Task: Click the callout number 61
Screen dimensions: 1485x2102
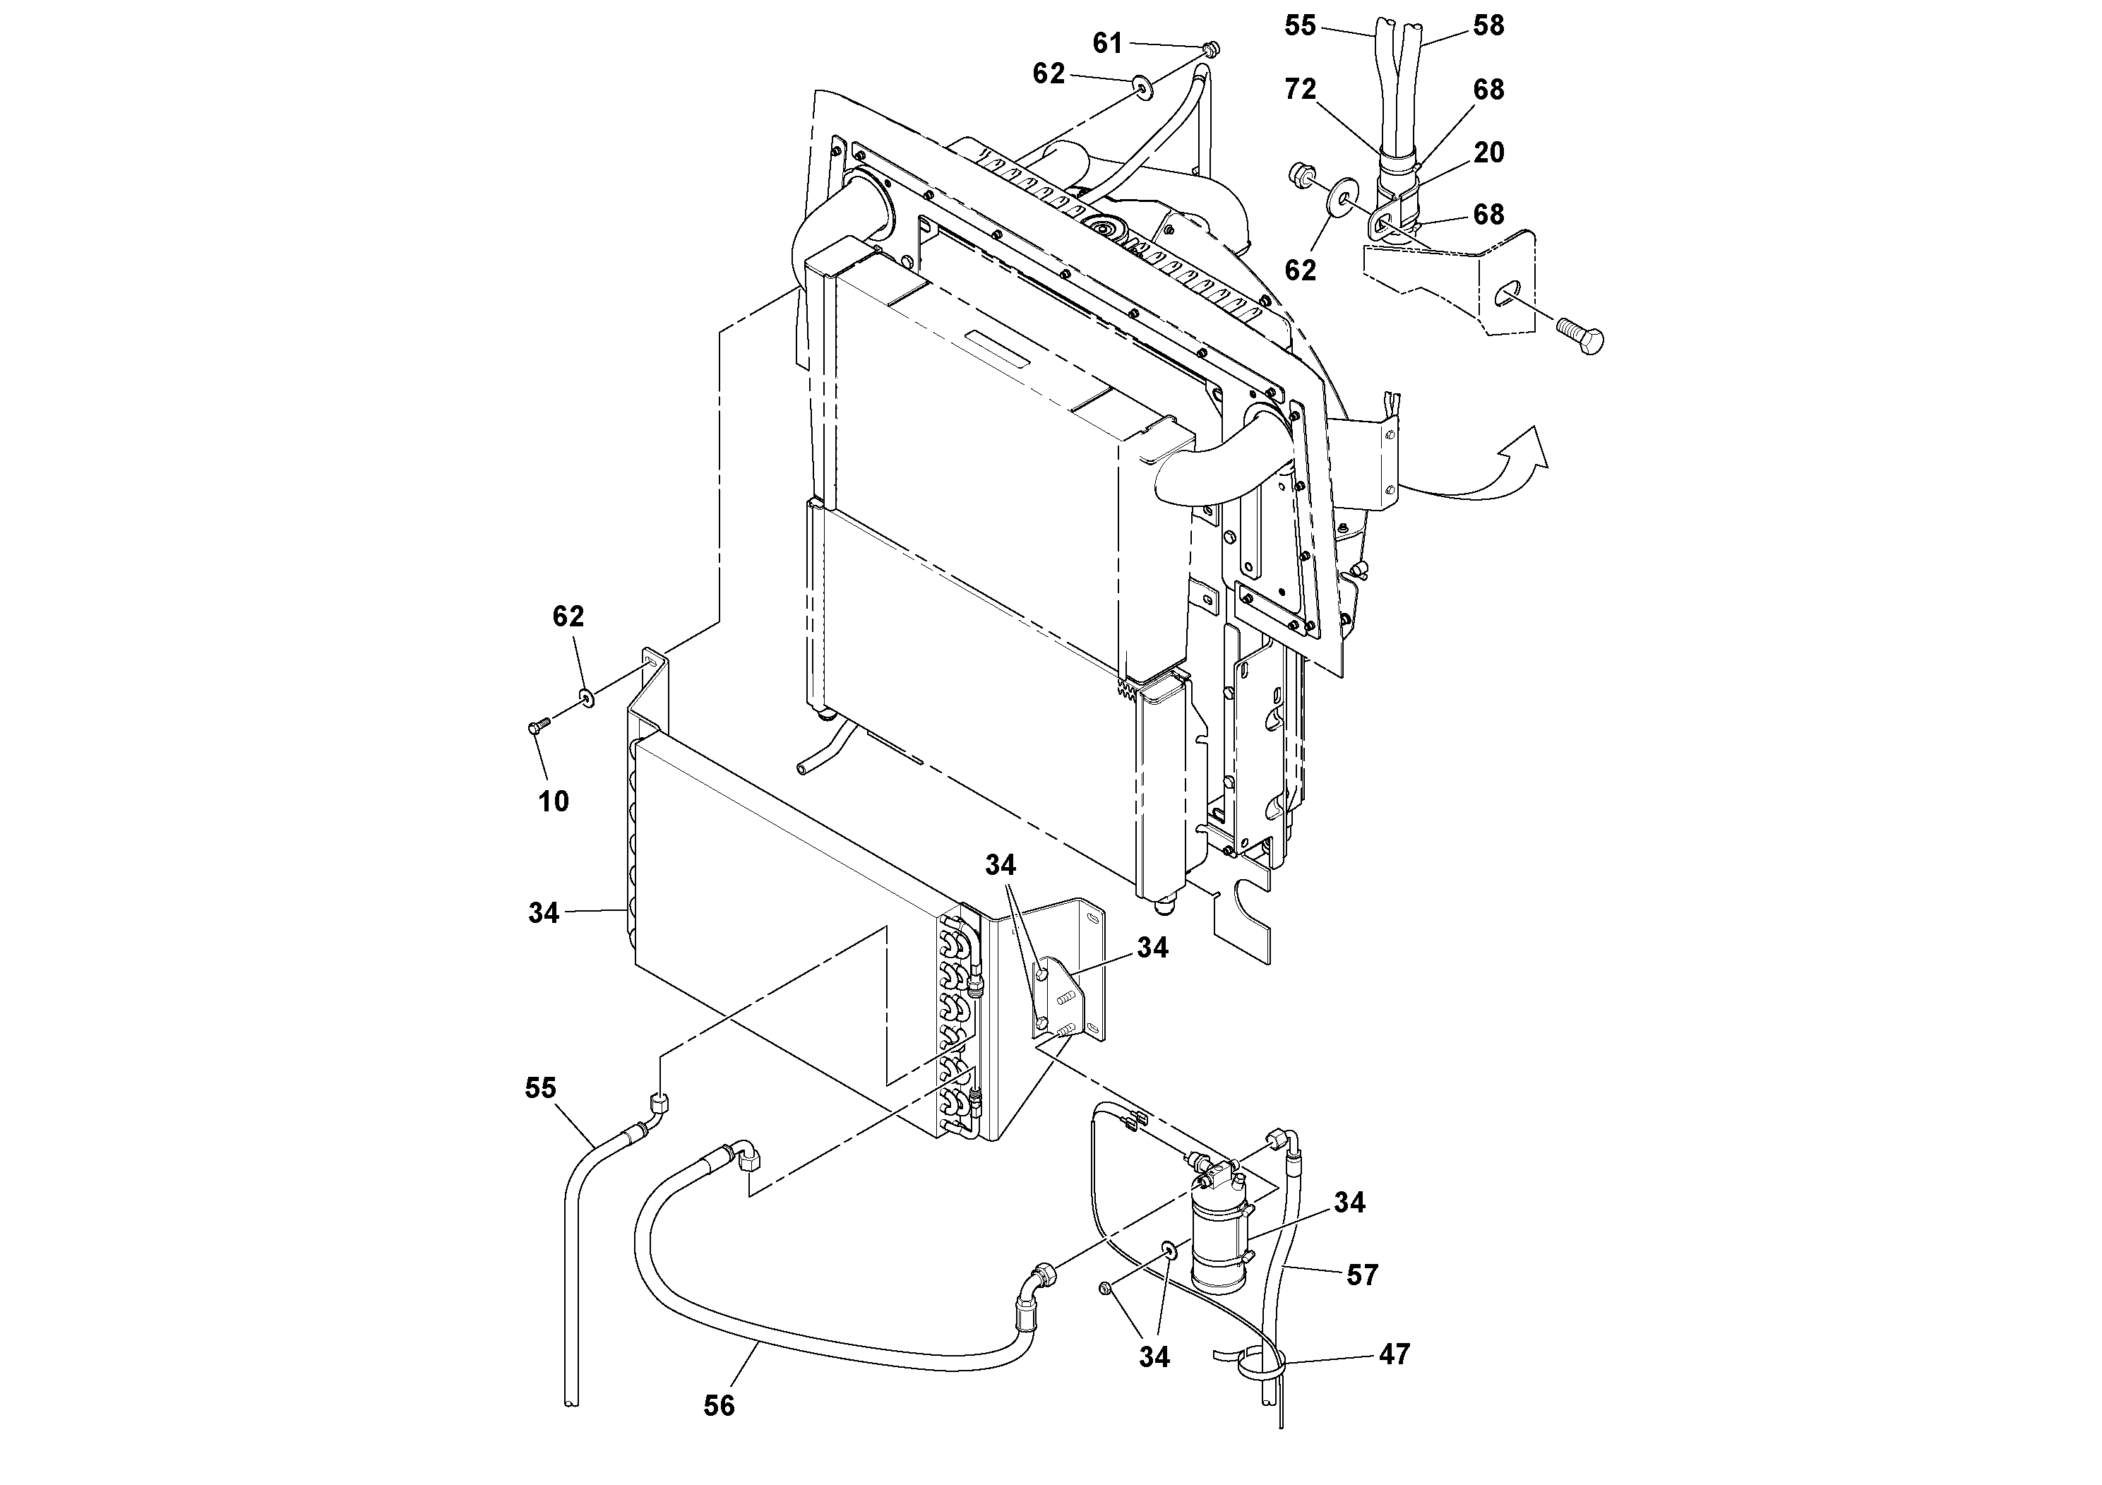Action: click(1107, 43)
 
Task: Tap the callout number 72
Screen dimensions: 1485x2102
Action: click(1300, 89)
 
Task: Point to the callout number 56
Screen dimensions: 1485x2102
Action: click(719, 1405)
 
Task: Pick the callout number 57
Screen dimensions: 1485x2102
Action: click(1362, 1275)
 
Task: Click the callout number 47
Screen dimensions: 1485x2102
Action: click(1395, 1354)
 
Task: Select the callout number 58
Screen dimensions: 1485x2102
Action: click(1488, 25)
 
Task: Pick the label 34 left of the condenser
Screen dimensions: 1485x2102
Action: click(543, 913)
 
